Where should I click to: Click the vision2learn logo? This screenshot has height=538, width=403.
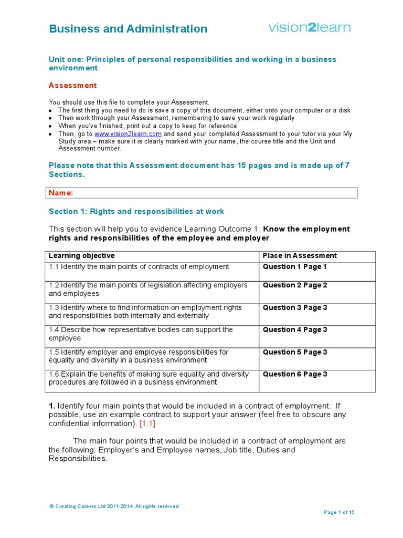pos(310,27)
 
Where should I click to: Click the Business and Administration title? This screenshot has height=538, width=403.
pos(128,29)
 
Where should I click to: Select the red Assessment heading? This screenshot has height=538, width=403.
pos(72,86)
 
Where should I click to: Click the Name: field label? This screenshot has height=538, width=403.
pos(61,193)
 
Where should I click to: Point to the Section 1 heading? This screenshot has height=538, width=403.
pos(136,211)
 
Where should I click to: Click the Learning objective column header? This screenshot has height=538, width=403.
pos(81,256)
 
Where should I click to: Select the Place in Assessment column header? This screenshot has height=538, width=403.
pos(300,256)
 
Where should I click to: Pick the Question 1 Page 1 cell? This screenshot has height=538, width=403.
pos(295,267)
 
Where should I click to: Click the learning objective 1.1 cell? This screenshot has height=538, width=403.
pos(139,267)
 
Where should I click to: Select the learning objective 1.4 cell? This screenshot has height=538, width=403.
pos(141,334)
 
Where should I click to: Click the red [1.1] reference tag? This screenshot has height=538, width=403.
pos(147,423)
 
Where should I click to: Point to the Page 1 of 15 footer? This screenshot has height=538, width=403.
pos(339,512)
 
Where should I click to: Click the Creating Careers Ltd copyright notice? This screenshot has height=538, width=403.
pos(114,506)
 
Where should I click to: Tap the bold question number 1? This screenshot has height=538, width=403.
pos(51,406)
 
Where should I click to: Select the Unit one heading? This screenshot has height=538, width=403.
pos(192,64)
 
